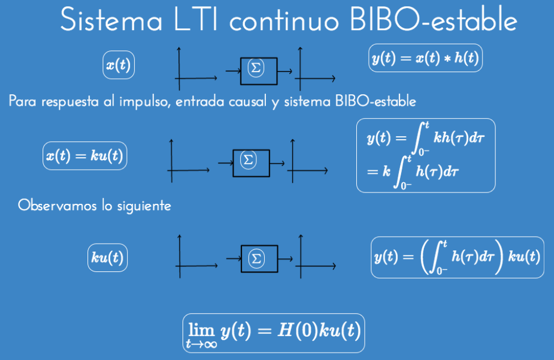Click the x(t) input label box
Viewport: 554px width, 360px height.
118,65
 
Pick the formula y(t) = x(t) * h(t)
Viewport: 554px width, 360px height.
426,58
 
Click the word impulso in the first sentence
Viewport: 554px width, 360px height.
148,103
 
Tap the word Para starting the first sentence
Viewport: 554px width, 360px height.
21,102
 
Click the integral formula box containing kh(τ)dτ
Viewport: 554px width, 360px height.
426,155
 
